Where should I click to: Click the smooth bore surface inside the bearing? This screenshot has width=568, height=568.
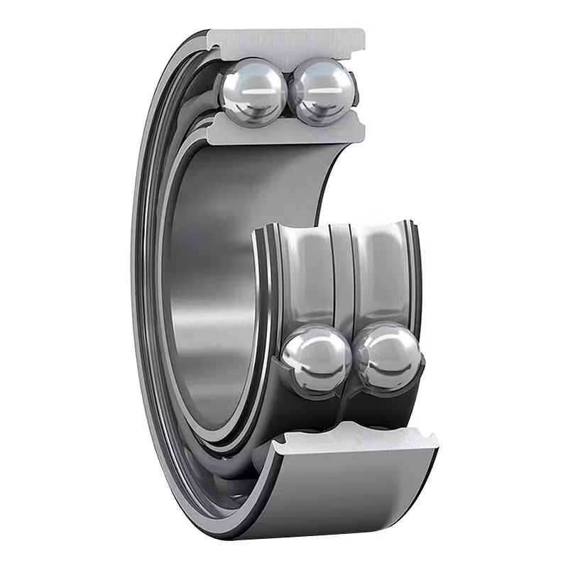(x=213, y=284)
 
